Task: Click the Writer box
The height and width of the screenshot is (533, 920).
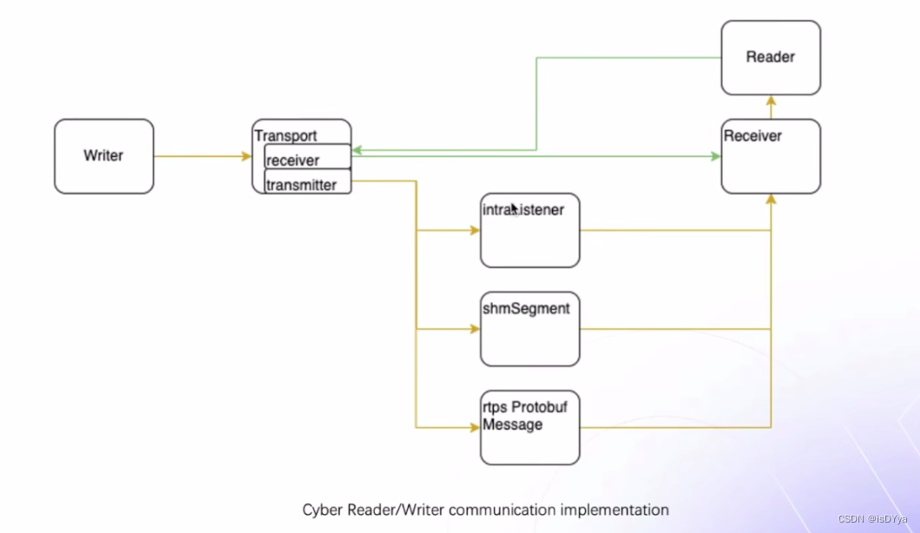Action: point(103,156)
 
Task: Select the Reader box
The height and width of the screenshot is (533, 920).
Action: point(770,57)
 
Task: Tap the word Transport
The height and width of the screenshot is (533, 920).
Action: point(286,135)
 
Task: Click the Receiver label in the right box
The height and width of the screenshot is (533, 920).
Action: point(752,135)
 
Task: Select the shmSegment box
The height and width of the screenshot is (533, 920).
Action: point(529,329)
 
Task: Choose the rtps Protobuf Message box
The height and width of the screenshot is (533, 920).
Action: point(529,427)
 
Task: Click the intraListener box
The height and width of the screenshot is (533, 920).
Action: point(529,230)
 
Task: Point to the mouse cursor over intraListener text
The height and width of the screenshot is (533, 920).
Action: point(513,207)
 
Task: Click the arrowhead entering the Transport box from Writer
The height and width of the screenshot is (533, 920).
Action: point(246,156)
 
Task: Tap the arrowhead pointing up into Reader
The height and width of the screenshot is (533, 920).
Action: point(770,101)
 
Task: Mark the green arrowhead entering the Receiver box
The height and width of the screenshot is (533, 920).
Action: point(715,156)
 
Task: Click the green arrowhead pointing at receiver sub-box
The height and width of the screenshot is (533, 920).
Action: point(357,150)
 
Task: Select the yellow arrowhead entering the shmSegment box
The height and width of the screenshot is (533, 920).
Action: point(475,329)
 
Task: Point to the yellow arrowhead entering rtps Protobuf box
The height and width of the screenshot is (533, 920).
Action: point(475,427)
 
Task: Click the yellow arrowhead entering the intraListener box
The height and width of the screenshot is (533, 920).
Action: point(475,230)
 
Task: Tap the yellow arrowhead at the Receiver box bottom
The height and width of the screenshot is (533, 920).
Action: point(770,200)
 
